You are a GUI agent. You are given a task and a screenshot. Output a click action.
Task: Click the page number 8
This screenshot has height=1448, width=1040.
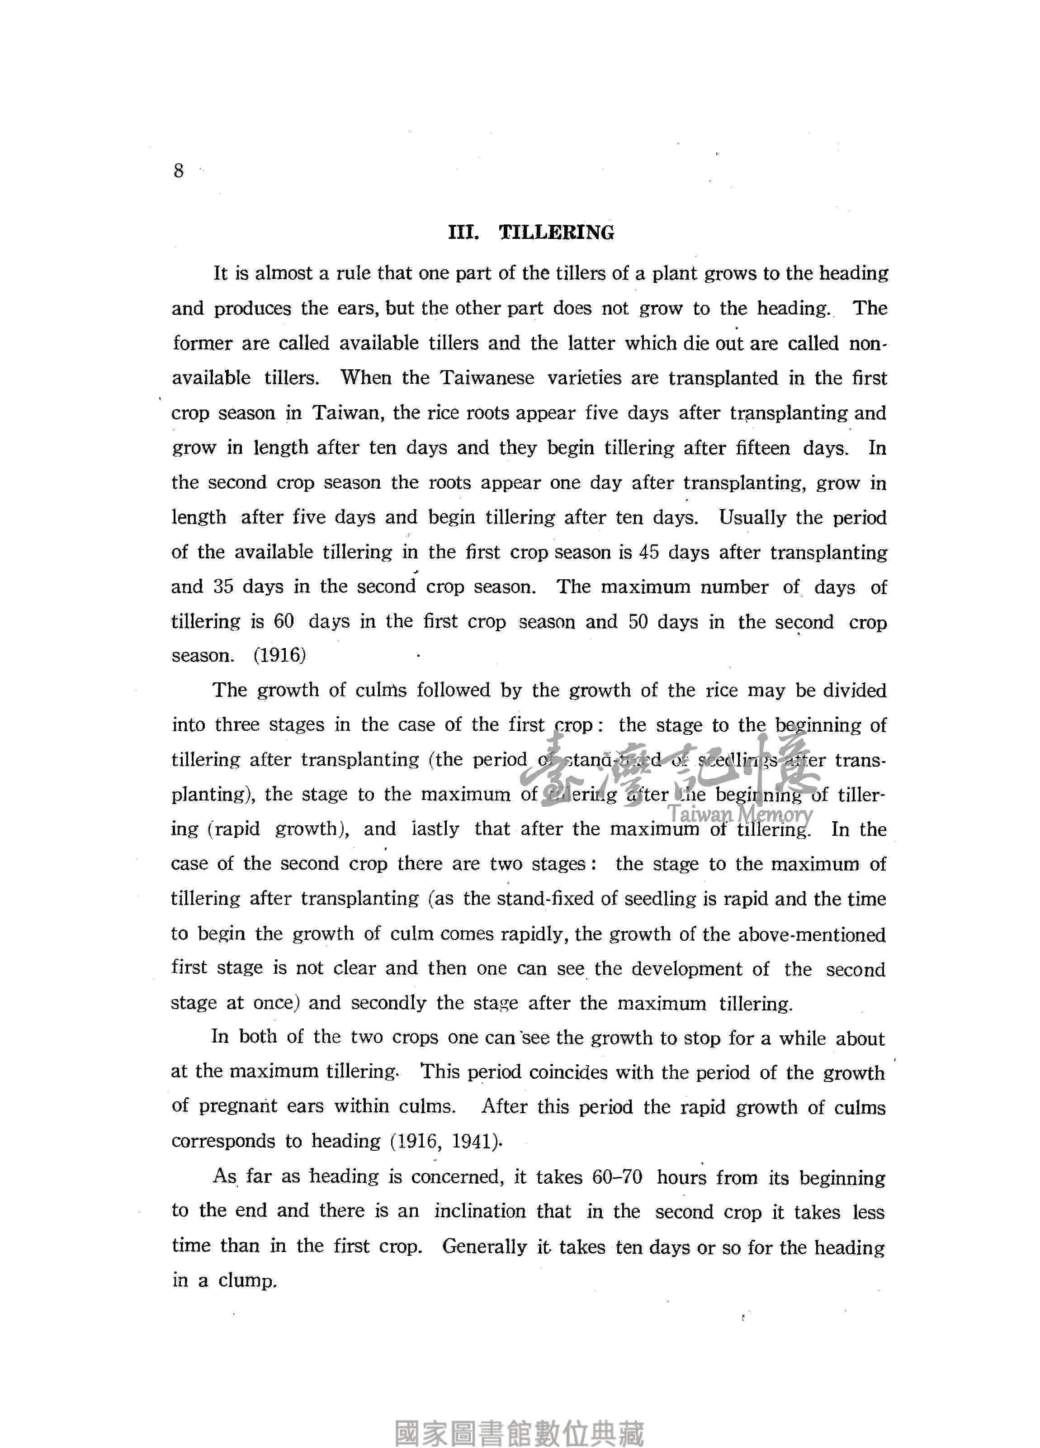[178, 171]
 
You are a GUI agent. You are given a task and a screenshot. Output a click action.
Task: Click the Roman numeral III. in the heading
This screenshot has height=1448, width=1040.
[463, 233]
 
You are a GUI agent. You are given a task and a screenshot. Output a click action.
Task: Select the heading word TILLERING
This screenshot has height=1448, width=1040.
[556, 233]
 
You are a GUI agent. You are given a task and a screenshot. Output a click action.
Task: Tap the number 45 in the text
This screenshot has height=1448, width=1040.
[648, 552]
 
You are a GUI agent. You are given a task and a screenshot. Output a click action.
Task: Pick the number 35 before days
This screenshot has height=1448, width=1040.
[223, 587]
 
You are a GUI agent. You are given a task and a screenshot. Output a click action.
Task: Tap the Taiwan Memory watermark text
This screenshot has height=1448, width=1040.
[740, 814]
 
